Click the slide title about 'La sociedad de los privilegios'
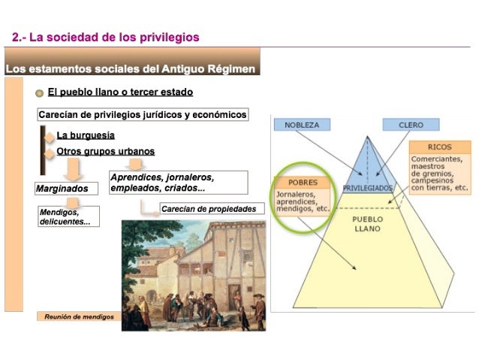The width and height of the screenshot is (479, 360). point(106,37)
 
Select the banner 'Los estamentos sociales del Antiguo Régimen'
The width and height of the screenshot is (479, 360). point(131,69)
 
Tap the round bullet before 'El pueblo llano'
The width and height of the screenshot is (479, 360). point(39,93)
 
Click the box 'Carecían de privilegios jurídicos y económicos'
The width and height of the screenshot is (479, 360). point(143,115)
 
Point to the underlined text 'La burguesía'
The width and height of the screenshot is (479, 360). point(86,136)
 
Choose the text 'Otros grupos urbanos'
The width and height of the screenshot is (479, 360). point(105,152)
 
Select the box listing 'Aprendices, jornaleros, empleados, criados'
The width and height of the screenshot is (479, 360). point(178,183)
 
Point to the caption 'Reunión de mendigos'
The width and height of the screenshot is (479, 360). point(78,316)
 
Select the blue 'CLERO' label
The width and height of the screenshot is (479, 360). point(411,125)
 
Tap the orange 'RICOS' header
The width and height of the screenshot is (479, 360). point(439,147)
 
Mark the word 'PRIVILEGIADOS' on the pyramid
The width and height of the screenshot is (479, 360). point(367,187)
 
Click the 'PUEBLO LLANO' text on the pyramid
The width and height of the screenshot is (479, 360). point(368,223)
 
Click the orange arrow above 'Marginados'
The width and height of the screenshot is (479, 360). point(72,169)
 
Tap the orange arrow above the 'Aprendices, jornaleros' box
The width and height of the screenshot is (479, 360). point(135,164)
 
